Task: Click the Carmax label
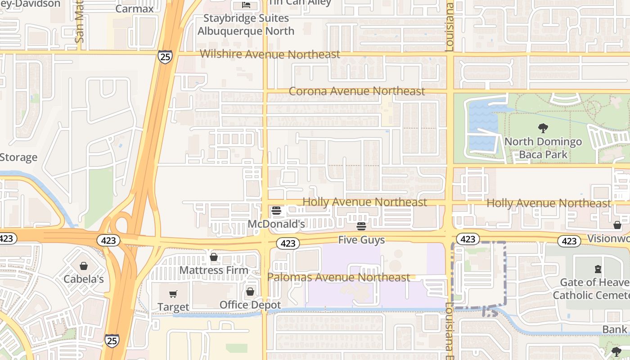(x=135, y=9)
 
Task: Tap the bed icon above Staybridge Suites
(x=246, y=4)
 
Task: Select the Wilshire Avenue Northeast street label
(x=270, y=54)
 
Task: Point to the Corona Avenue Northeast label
(x=357, y=91)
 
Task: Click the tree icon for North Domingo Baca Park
(x=543, y=128)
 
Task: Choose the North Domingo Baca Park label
(x=543, y=148)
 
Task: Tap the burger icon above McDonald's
(x=276, y=211)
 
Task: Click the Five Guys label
(x=361, y=240)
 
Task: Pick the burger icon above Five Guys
(x=361, y=226)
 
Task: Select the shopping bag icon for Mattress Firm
(x=214, y=257)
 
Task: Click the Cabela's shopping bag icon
(x=83, y=266)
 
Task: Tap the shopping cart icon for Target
(x=173, y=294)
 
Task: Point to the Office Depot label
(x=250, y=305)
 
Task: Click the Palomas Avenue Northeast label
(x=339, y=277)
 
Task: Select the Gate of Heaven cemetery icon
(x=598, y=269)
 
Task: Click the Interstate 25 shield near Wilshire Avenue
(x=165, y=57)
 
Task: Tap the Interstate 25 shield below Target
(x=112, y=340)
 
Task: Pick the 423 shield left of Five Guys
(x=288, y=243)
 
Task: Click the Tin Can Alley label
(x=300, y=3)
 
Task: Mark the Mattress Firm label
(x=214, y=270)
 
